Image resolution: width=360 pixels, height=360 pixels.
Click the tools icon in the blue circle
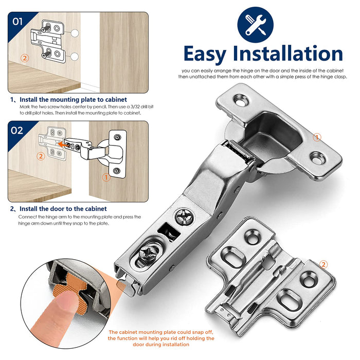(x=255, y=25)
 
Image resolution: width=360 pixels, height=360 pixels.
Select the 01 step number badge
(x=17, y=22)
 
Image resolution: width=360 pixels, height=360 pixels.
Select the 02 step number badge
(x=17, y=131)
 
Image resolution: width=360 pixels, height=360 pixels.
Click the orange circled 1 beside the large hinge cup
(x=317, y=137)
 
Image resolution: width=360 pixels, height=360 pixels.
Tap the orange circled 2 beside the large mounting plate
(x=323, y=264)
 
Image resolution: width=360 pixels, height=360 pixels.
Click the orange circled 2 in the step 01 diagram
(x=25, y=58)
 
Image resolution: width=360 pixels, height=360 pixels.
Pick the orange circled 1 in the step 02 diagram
(x=106, y=177)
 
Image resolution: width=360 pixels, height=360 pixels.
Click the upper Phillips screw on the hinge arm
(x=184, y=217)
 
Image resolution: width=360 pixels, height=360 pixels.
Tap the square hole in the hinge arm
(x=169, y=232)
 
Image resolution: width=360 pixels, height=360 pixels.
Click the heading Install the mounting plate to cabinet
(x=73, y=99)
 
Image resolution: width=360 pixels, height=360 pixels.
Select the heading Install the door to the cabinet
(x=63, y=208)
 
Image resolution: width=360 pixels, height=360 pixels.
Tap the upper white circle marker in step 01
(x=75, y=33)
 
